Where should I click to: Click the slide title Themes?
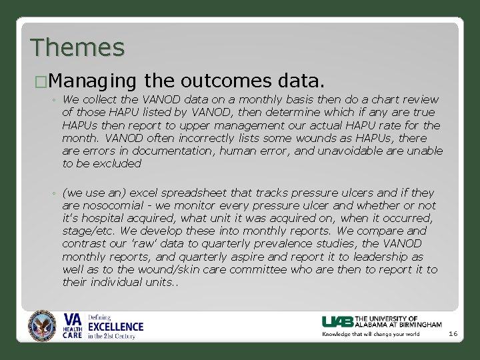pos(77,47)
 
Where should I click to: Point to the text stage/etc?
pos(84,231)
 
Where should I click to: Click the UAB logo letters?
pos(337,321)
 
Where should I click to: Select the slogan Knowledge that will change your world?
pos(371,333)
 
